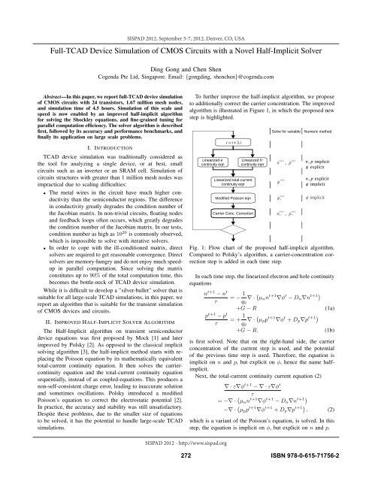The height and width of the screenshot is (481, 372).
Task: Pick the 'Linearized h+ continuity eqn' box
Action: [256, 162]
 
